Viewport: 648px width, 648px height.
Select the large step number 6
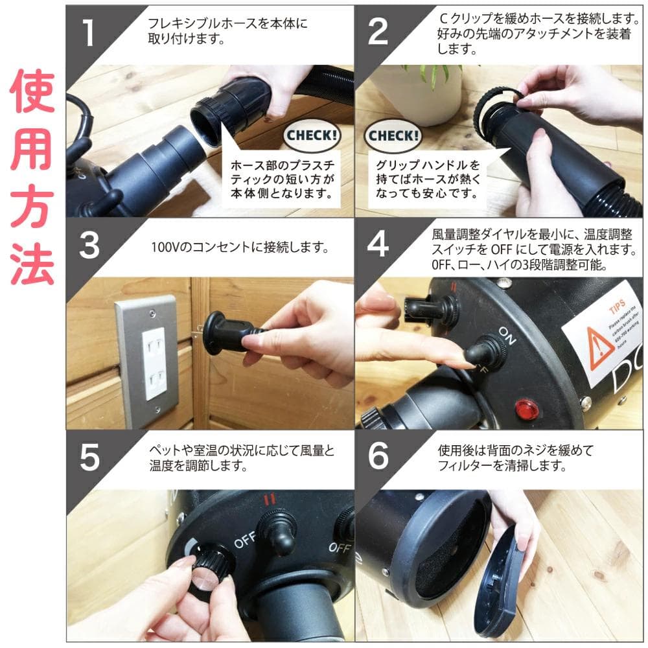pyautogui.click(x=378, y=457)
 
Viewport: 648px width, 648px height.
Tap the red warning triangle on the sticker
pyautogui.click(x=600, y=345)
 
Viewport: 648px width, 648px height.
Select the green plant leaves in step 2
pyautogui.click(x=431, y=71)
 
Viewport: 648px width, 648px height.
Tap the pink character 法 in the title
pyautogui.click(x=32, y=262)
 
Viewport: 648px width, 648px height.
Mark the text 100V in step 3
pyautogui.click(x=163, y=248)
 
